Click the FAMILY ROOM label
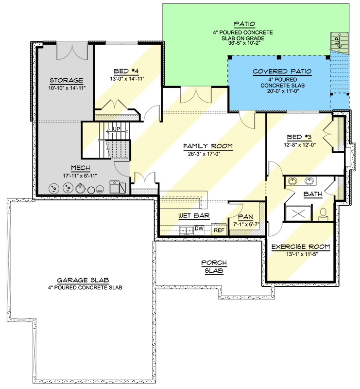pyautogui.click(x=208, y=146)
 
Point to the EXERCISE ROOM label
pyautogui.click(x=300, y=247)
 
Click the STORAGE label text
pyautogui.click(x=66, y=80)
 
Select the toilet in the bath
pyautogui.click(x=323, y=212)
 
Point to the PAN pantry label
pyautogui.click(x=244, y=217)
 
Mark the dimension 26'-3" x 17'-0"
pyautogui.click(x=208, y=154)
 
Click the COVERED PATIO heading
pyautogui.click(x=282, y=71)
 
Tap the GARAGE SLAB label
pyautogui.click(x=83, y=280)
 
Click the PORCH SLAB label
pyautogui.click(x=214, y=266)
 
